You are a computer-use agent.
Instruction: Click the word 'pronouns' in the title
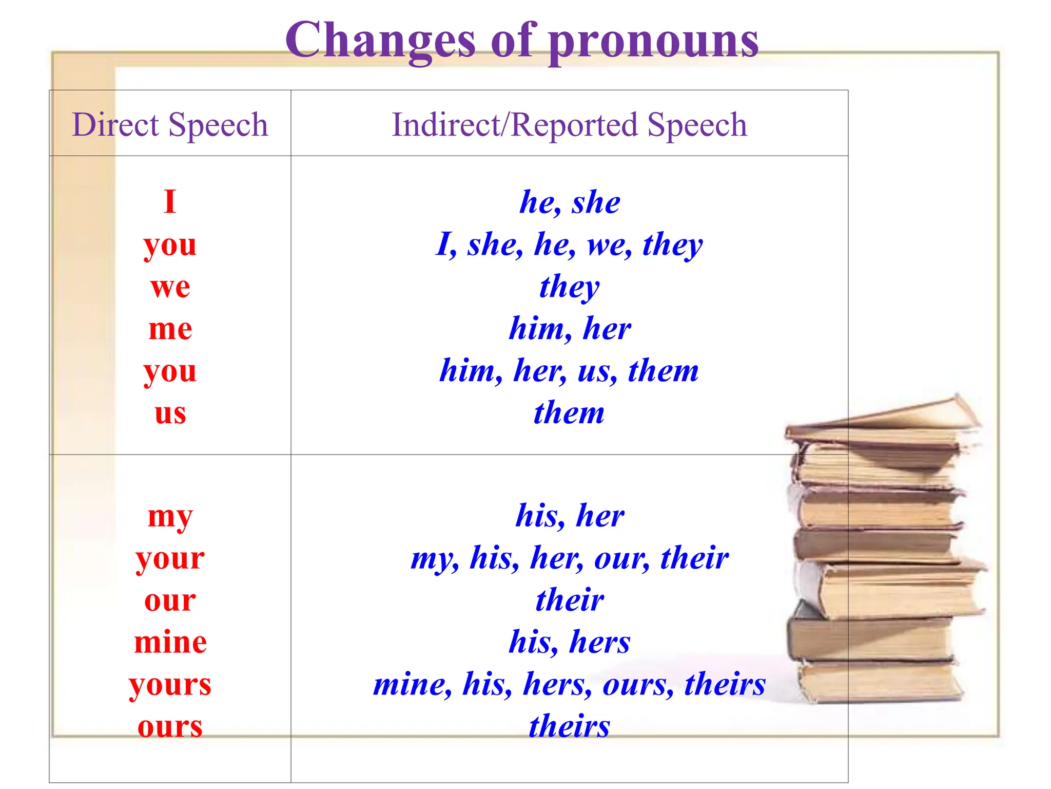click(653, 41)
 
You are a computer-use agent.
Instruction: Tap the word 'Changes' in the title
click(380, 41)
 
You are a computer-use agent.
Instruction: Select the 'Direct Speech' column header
click(170, 125)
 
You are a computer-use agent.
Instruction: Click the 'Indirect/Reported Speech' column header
click(569, 125)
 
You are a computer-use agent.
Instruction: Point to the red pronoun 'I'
click(170, 201)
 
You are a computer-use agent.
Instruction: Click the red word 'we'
click(170, 287)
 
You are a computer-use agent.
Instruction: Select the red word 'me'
click(170, 329)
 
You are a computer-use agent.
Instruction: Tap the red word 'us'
click(170, 413)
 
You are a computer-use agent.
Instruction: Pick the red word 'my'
click(170, 517)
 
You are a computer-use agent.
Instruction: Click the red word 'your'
click(170, 558)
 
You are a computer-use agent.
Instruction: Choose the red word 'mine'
click(170, 642)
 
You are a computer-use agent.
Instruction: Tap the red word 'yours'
click(170, 685)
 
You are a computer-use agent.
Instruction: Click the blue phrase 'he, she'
click(570, 202)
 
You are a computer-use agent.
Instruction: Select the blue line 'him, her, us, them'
click(569, 370)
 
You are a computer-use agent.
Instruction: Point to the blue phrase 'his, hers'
click(569, 642)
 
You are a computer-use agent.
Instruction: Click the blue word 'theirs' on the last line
click(569, 726)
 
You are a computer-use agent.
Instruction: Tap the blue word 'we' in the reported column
click(609, 245)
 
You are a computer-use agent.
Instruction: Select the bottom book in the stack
click(880, 681)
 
